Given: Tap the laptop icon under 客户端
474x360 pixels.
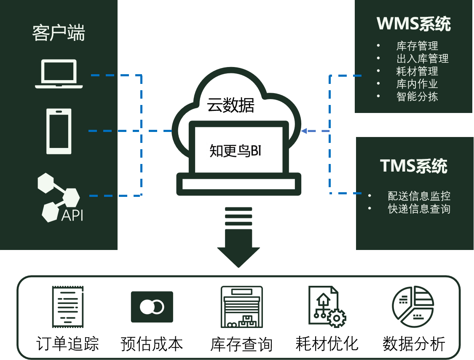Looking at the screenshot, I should pos(59,74).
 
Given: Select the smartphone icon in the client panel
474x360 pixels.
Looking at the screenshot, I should pos(59,131).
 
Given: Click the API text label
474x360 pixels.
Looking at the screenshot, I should pos(72,215).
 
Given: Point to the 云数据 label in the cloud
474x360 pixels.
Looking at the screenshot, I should pos(230,105).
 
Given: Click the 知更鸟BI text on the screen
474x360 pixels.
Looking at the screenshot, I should pos(236,150).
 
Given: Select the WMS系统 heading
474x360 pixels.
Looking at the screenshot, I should pos(414,24).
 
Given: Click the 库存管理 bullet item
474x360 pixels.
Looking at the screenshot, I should pos(417,46).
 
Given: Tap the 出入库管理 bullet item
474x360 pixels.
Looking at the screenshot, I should pos(422,59).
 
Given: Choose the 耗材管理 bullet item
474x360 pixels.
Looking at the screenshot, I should pos(417,71).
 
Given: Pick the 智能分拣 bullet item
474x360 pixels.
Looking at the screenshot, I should pos(417,97).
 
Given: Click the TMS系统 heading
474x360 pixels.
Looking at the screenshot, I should pos(413,166).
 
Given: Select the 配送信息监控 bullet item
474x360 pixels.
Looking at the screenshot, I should pos(419,196).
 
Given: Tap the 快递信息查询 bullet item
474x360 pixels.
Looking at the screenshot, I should pos(419,209).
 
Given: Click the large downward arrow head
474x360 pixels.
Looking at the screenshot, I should pos(238,255).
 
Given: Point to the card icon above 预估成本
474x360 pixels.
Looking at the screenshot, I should pos(152,307).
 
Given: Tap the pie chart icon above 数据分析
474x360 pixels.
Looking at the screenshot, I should pos(413,306).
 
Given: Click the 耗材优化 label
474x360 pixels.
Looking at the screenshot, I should pos(327,344).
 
